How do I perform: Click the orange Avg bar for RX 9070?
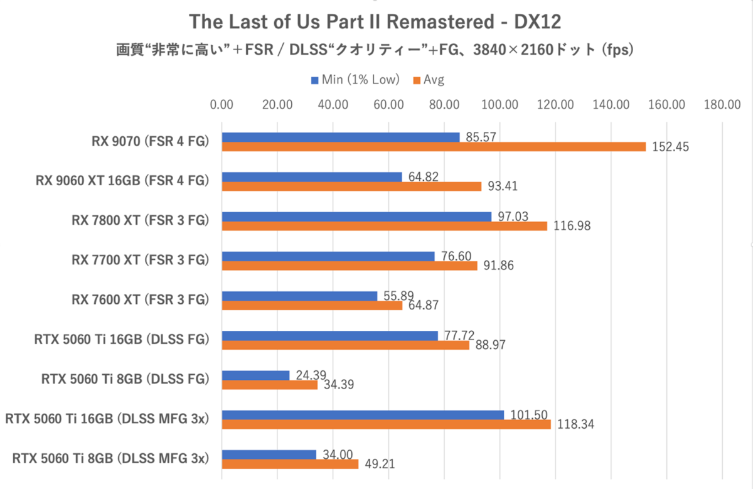pyautogui.click(x=433, y=147)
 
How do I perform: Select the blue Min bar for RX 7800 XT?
pyautogui.click(x=356, y=217)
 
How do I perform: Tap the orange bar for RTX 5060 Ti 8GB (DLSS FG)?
pyautogui.click(x=270, y=385)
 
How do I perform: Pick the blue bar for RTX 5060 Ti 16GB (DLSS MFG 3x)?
pyautogui.click(x=363, y=415)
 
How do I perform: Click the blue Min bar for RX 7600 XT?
pyautogui.click(x=299, y=296)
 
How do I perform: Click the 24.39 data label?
pyautogui.click(x=310, y=375)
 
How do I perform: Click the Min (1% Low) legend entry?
pyautogui.click(x=355, y=80)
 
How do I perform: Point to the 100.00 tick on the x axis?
pyautogui.click(x=500, y=105)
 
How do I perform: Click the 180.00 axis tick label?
pyautogui.click(x=722, y=105)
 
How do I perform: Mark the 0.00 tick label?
pyautogui.click(x=222, y=105)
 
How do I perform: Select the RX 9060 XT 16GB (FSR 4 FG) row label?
pyautogui.click(x=122, y=181)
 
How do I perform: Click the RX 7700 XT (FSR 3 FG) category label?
pyautogui.click(x=139, y=261)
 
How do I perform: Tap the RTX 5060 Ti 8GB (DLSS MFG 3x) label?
pyautogui.click(x=110, y=458)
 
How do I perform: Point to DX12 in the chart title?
pyautogui.click(x=538, y=22)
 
